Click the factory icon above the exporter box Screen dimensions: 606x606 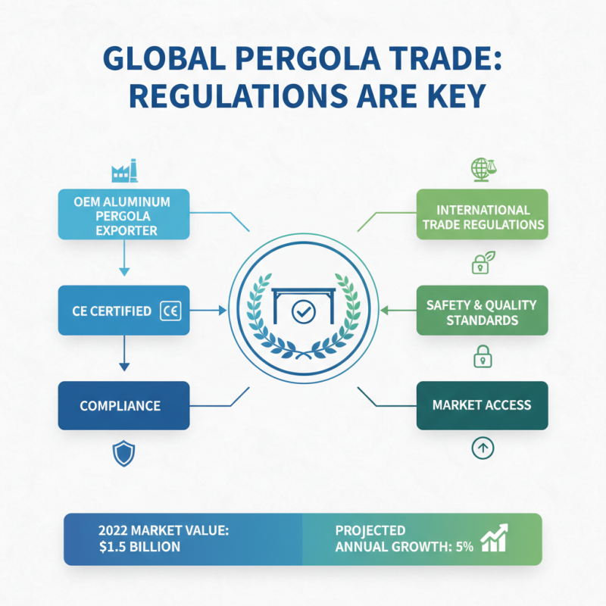[x=124, y=170]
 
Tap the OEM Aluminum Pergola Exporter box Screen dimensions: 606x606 [x=123, y=214]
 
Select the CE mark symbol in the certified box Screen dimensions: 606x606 [x=170, y=311]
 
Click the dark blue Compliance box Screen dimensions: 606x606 [x=123, y=405]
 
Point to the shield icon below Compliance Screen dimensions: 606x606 [x=123, y=453]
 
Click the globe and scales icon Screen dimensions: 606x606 [x=483, y=169]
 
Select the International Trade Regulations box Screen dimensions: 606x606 [x=482, y=214]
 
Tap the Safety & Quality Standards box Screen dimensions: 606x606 [x=482, y=310]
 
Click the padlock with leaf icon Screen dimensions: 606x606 [x=483, y=263]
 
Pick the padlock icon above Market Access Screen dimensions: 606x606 [x=483, y=356]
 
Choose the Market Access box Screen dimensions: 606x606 [x=482, y=405]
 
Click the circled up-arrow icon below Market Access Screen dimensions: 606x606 [x=483, y=448]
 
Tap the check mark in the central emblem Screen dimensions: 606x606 [x=304, y=311]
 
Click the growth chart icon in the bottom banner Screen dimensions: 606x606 [x=494, y=538]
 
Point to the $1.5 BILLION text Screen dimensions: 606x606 [x=139, y=546]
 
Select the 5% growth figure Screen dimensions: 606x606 [x=464, y=546]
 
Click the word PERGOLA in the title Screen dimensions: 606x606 [x=308, y=59]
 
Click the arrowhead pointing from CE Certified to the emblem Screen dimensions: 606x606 [x=223, y=311]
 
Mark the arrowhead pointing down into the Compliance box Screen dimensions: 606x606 [x=124, y=367]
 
